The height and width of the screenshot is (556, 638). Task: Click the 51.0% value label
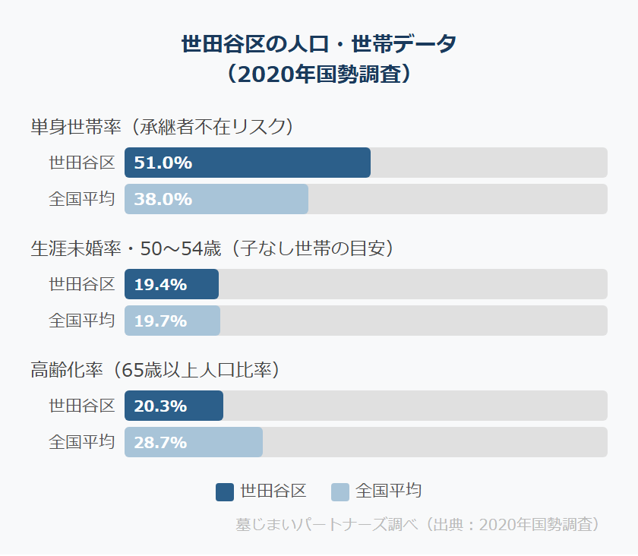tap(163, 163)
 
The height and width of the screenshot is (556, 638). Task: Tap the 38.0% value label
tap(163, 199)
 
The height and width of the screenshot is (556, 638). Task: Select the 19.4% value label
tap(160, 284)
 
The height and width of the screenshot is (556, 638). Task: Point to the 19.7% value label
tap(160, 321)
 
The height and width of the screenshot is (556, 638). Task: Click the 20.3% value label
tap(160, 406)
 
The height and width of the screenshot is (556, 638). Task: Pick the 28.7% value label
tap(160, 442)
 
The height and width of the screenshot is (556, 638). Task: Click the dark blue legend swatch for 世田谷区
tap(225, 491)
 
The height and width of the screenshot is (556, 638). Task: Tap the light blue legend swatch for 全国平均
tap(340, 491)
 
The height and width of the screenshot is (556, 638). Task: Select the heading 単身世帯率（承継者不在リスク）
tap(161, 126)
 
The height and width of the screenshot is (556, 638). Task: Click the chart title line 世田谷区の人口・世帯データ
tap(319, 44)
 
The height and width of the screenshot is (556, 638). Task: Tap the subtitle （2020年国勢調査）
tap(319, 74)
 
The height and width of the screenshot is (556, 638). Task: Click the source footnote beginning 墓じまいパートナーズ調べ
tap(418, 525)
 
